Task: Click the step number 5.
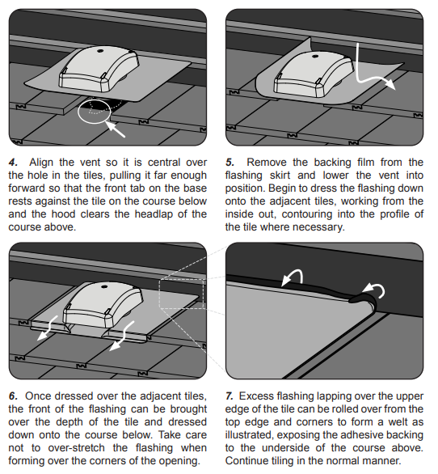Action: click(x=230, y=163)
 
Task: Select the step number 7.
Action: click(x=230, y=396)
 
